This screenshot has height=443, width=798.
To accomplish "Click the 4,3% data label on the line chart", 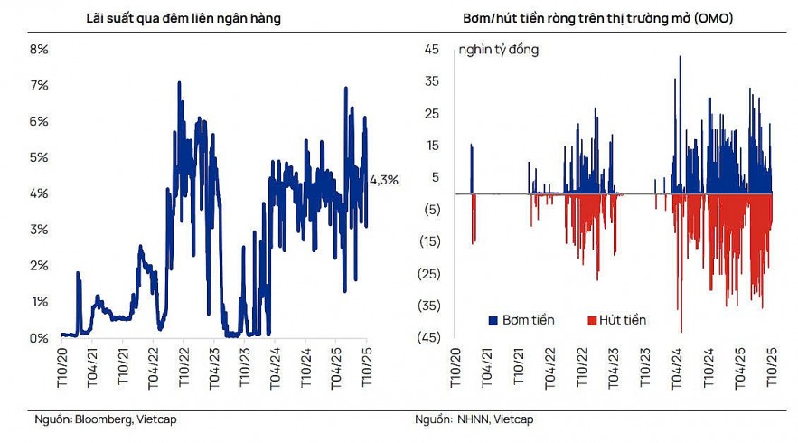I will click(x=383, y=180).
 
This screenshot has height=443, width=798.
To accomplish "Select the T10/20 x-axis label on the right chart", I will click(x=457, y=369).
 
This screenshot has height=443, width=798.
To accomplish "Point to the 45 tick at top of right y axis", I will click(x=431, y=49).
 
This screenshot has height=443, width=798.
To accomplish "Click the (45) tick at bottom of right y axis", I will click(x=428, y=337).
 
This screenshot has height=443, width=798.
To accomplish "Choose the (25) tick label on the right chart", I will click(x=428, y=273).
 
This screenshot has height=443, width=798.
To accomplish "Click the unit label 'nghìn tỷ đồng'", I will click(x=498, y=50).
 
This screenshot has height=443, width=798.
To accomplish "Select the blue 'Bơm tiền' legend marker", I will click(x=493, y=320).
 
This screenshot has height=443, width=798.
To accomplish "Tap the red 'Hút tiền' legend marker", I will click(x=593, y=320).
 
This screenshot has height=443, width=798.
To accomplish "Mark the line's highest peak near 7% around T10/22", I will click(x=179, y=83).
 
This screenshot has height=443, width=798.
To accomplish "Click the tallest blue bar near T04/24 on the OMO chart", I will click(x=680, y=57).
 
